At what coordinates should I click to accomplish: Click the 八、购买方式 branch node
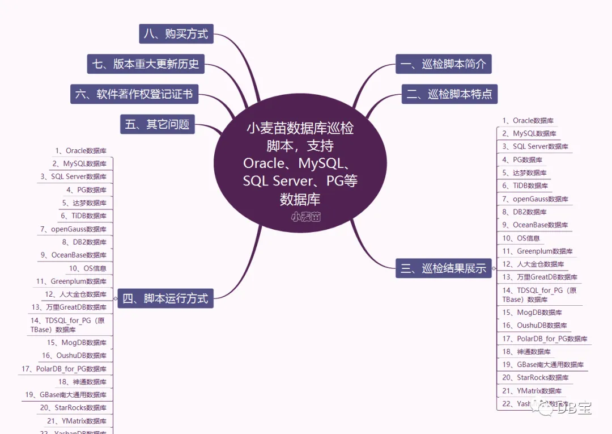point(176,34)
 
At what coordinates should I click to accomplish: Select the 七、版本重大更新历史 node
point(146,64)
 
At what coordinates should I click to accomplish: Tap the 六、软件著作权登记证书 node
point(134,94)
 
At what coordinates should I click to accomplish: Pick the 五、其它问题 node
point(157,124)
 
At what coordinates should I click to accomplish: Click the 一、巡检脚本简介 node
point(443,64)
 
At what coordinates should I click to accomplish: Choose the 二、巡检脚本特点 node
point(449,94)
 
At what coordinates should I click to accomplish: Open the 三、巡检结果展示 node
point(443,268)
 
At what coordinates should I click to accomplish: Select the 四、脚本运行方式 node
point(165,298)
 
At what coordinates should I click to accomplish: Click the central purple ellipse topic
point(300,165)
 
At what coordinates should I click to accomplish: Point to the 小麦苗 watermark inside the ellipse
point(306,217)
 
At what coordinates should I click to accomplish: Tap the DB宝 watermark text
point(572,407)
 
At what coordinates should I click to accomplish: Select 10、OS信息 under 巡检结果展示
point(521,238)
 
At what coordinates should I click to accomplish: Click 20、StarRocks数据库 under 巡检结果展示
point(535,378)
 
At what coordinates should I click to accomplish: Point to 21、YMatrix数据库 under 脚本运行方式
point(76,421)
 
